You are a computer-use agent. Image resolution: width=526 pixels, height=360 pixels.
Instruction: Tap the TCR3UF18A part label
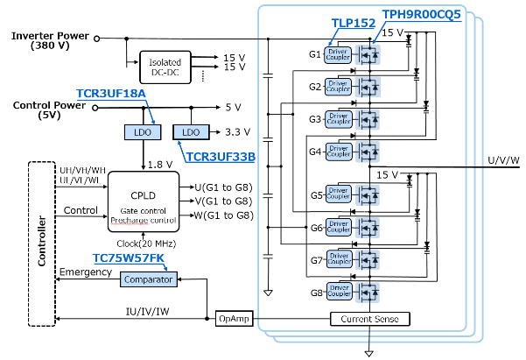tap(110, 93)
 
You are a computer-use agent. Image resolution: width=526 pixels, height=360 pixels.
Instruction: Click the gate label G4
tap(314, 151)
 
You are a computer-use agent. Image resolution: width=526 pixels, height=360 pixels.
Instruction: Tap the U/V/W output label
tap(503, 159)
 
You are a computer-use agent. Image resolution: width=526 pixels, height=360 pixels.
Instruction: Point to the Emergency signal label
tap(85, 272)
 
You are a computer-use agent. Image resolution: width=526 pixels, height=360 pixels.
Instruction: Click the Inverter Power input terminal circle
tap(96, 39)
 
